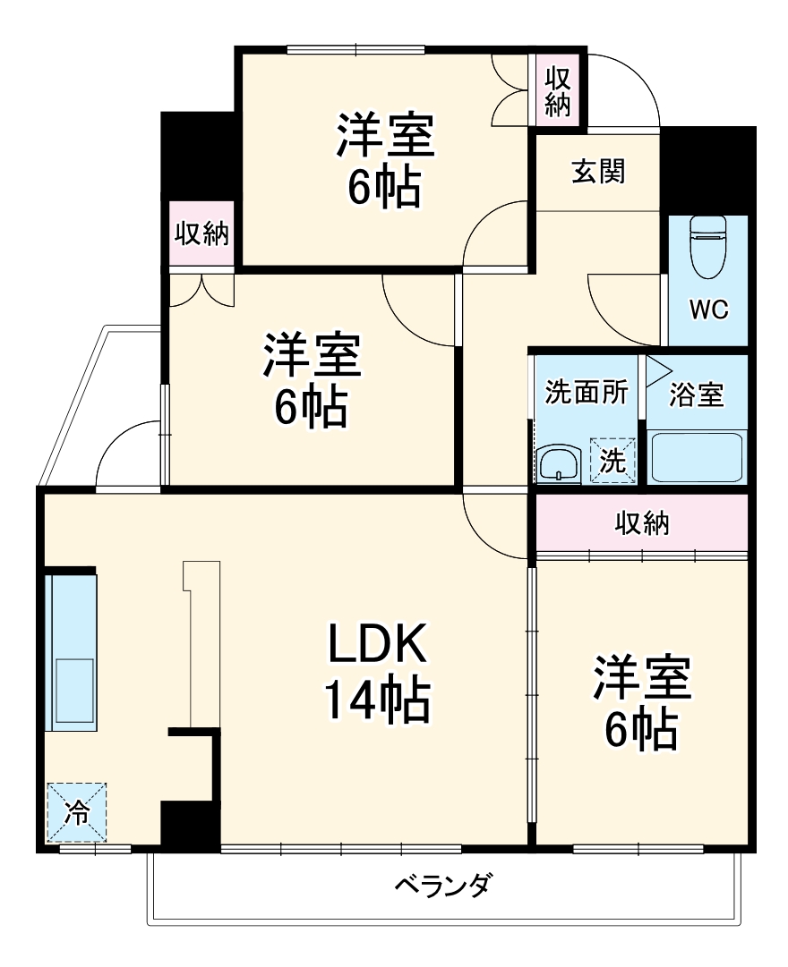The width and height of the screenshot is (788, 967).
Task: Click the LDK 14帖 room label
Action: point(376,671)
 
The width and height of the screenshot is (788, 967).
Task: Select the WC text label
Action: point(708,310)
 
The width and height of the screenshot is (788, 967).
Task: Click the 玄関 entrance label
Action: point(598,171)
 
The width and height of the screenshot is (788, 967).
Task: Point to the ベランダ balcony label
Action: point(443,886)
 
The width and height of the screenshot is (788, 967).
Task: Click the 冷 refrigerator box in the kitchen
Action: point(77,812)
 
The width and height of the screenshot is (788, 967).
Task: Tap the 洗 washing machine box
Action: point(612,460)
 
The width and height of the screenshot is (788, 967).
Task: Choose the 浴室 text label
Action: point(697,394)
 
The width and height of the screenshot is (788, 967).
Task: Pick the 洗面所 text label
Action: point(587,394)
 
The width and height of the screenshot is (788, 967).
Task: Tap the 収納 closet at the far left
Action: point(201,235)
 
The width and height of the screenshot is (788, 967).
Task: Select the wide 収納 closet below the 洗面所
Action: point(641,523)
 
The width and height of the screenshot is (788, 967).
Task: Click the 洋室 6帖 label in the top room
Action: point(385,159)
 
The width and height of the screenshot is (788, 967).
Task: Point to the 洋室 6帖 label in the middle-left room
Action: point(311,379)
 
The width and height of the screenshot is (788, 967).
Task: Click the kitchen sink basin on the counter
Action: point(75,689)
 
